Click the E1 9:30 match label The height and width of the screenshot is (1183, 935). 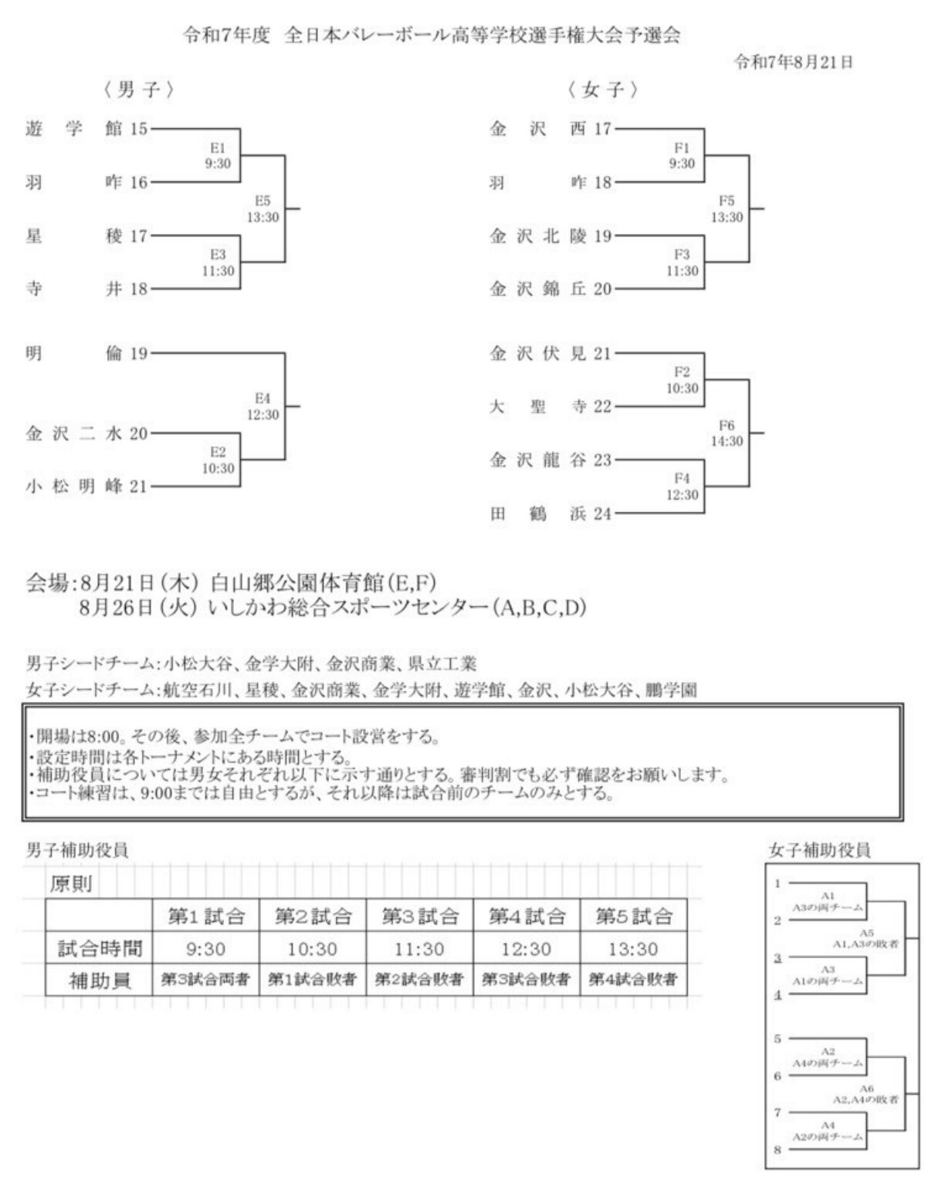[x=217, y=155]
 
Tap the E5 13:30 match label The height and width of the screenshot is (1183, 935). [x=263, y=209]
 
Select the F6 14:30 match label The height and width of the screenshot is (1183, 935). [x=727, y=433]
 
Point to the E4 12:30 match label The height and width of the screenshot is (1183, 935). [x=263, y=407]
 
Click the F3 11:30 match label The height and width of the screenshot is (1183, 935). [x=682, y=263]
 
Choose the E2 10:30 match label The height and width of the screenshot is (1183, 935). [x=218, y=460]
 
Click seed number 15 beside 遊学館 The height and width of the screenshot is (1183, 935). [x=138, y=129]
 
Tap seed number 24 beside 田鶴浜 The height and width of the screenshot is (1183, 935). [x=602, y=514]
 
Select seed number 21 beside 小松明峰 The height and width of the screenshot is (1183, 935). [x=138, y=486]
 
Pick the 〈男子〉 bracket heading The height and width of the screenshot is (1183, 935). [x=138, y=90]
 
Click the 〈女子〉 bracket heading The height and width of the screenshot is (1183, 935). [x=602, y=90]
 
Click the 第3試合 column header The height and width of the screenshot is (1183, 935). [x=420, y=917]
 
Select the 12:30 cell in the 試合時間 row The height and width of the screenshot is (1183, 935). [x=527, y=949]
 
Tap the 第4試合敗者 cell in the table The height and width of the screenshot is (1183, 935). [x=633, y=980]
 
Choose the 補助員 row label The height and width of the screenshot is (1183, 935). [x=100, y=981]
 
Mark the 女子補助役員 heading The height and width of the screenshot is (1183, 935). [x=820, y=850]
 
